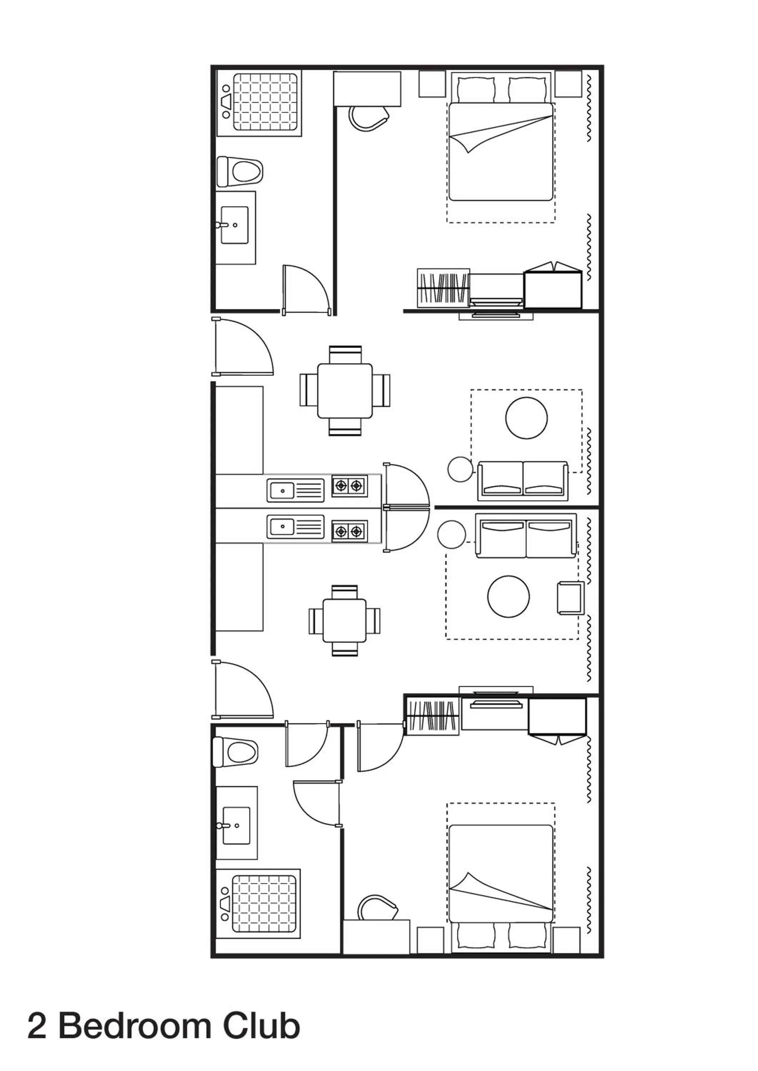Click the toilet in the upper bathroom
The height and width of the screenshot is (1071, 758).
[x=240, y=172]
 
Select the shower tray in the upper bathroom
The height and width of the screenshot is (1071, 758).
[x=265, y=102]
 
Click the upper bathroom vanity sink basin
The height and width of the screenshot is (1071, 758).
[x=234, y=225]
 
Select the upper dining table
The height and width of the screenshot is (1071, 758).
[x=345, y=391]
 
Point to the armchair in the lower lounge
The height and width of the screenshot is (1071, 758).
[x=570, y=598]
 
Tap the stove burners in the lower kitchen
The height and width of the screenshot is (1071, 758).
[x=349, y=531]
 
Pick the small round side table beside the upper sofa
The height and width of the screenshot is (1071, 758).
[x=460, y=469]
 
